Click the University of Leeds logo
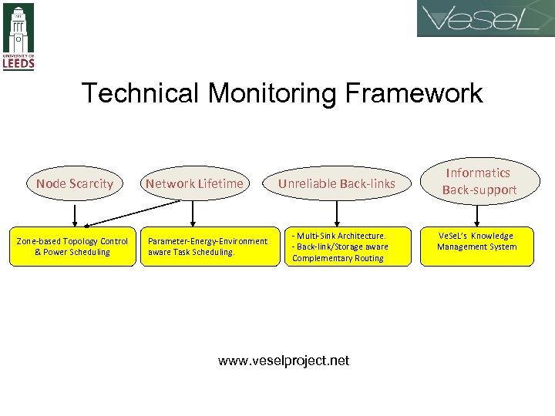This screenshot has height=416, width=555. click(18, 36)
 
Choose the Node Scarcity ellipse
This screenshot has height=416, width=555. click(75, 183)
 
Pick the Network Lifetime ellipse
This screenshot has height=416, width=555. click(194, 183)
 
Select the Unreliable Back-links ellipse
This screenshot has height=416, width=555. click(336, 183)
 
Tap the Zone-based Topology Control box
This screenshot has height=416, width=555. click(72, 247)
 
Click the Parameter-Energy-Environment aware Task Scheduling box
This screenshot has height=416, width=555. click(210, 247)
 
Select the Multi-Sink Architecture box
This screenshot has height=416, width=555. click(339, 247)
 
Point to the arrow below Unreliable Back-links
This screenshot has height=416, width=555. click(337, 213)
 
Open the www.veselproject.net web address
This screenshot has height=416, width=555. click(284, 361)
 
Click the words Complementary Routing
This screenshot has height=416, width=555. click(338, 258)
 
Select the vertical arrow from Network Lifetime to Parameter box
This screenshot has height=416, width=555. click(192, 213)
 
